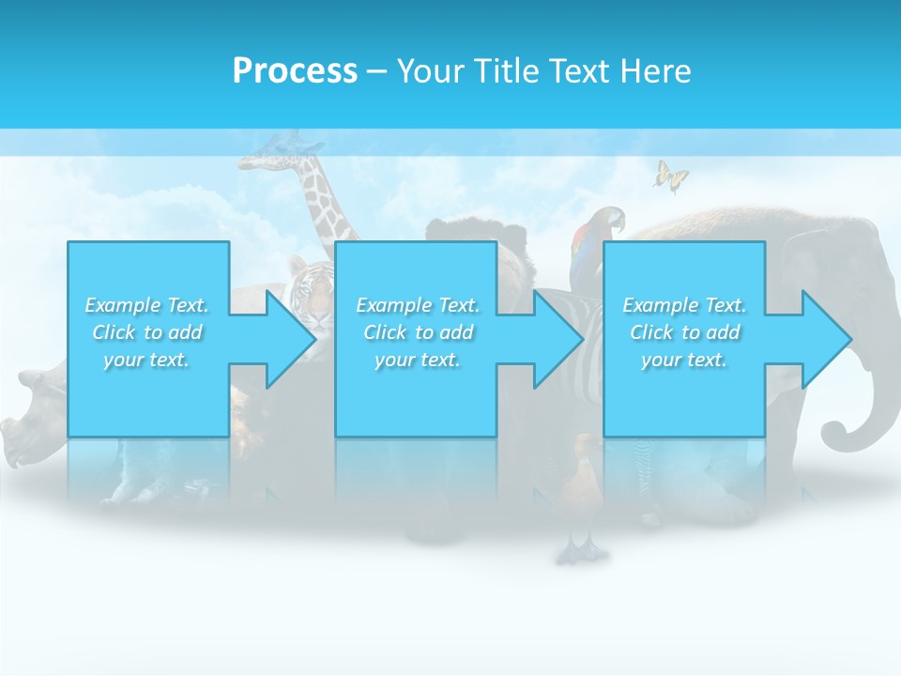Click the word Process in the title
click(295, 71)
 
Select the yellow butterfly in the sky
click(670, 176)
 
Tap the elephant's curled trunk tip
click(832, 437)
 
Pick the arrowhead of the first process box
click(291, 339)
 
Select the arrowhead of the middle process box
click(558, 339)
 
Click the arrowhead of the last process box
click(827, 339)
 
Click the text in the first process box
click(146, 332)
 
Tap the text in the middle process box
click(418, 332)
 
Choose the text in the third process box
click(684, 332)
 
